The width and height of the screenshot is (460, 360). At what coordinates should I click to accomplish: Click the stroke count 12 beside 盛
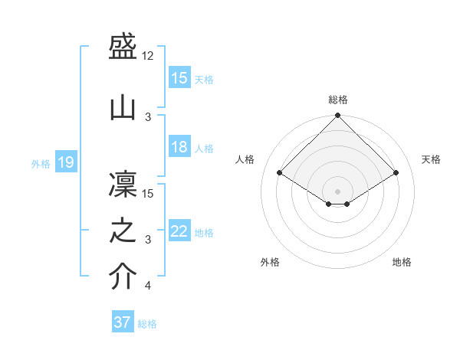pyautogui.click(x=148, y=56)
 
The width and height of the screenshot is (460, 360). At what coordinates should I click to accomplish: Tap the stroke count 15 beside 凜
pyautogui.click(x=148, y=193)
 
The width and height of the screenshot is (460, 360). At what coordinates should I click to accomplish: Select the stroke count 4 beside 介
pyautogui.click(x=148, y=286)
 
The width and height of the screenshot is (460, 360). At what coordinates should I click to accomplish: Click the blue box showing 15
pyautogui.click(x=179, y=78)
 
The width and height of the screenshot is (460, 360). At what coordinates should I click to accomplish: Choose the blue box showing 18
pyautogui.click(x=179, y=147)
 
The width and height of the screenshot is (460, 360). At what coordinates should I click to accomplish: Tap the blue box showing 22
pyautogui.click(x=179, y=231)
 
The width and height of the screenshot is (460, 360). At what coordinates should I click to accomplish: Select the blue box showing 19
pyautogui.click(x=65, y=162)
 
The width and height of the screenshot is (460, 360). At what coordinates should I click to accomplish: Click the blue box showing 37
pyautogui.click(x=123, y=322)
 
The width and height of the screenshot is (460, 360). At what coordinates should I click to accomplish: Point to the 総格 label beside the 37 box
pyautogui.click(x=147, y=324)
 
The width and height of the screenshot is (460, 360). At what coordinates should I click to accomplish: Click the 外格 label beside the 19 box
pyautogui.click(x=41, y=163)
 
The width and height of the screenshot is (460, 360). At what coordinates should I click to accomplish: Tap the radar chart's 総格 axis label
pyautogui.click(x=338, y=100)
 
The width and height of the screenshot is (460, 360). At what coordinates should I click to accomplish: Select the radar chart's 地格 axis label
pyautogui.click(x=402, y=263)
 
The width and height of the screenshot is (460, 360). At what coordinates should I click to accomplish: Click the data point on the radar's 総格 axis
pyautogui.click(x=337, y=116)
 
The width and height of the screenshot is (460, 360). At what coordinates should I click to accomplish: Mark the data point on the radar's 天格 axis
pyautogui.click(x=396, y=173)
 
